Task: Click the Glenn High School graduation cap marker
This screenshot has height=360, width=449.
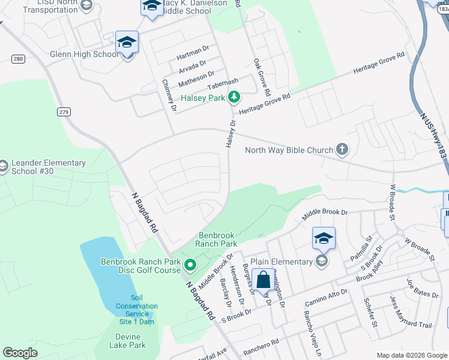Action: [127, 43]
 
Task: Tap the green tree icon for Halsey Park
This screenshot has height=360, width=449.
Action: [234, 97]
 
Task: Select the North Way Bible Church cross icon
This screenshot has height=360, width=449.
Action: [342, 149]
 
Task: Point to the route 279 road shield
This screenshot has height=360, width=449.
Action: [64, 112]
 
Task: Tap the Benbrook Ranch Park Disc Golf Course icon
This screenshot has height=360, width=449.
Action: [190, 265]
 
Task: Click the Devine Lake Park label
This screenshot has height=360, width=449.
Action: [127, 341]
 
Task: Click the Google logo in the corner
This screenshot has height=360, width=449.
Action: [20, 353]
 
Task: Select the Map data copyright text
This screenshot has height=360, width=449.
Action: [412, 355]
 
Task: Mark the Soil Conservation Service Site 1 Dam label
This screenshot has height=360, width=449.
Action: [133, 310]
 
